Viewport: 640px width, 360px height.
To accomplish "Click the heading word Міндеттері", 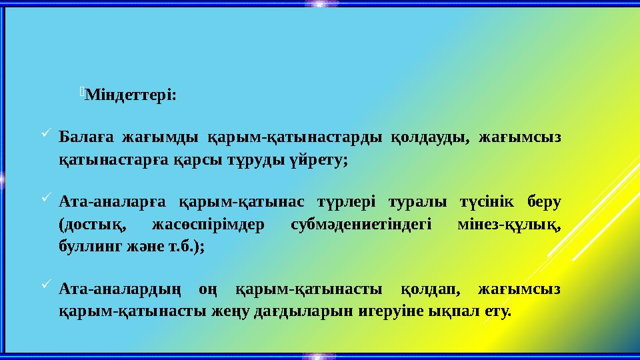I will (131, 95).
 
